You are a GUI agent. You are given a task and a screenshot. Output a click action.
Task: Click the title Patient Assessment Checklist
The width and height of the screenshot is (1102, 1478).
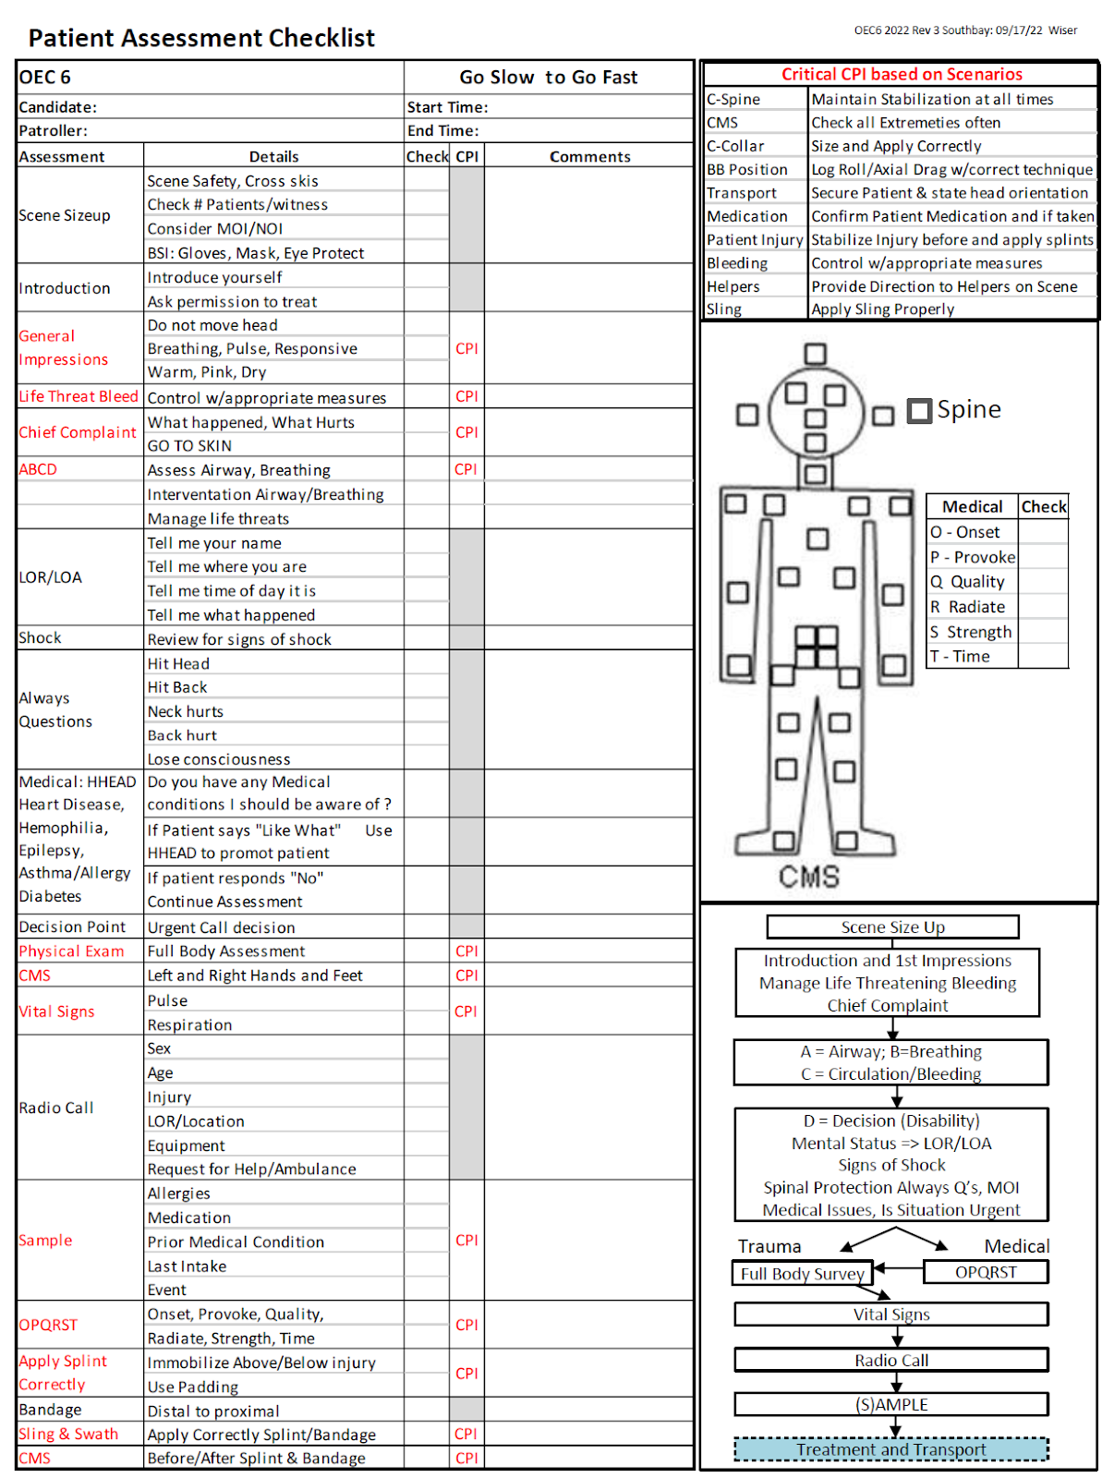pyautogui.click(x=201, y=38)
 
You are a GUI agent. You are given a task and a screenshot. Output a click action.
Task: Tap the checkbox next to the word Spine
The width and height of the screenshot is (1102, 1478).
pyautogui.click(x=919, y=410)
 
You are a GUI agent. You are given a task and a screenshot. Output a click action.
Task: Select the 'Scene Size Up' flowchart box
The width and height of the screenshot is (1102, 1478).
pyautogui.click(x=892, y=927)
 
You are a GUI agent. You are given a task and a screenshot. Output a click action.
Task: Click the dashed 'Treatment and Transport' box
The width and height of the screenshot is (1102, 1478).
pyautogui.click(x=891, y=1449)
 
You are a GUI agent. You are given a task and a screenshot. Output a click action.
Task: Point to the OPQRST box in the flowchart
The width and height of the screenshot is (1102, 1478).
pyautogui.click(x=986, y=1272)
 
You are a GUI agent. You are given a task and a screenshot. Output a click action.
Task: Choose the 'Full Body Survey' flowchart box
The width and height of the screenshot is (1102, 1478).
pyautogui.click(x=802, y=1274)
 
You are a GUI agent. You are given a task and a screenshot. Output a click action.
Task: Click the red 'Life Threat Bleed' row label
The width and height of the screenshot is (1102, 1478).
pyautogui.click(x=79, y=396)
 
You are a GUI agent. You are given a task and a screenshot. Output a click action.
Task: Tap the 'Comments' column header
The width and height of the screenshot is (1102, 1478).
pyautogui.click(x=589, y=157)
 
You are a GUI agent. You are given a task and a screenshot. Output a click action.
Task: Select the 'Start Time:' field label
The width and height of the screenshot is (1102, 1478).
pyautogui.click(x=447, y=107)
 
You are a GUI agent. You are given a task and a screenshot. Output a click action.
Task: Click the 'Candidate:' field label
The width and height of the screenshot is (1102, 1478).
pyautogui.click(x=57, y=107)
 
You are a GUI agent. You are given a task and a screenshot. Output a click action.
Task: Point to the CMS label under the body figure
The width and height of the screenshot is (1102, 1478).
pyautogui.click(x=809, y=877)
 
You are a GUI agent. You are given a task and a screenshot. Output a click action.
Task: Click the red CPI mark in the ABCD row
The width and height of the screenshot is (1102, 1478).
pyautogui.click(x=466, y=469)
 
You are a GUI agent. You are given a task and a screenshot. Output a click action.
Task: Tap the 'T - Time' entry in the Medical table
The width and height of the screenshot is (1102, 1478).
pyautogui.click(x=961, y=656)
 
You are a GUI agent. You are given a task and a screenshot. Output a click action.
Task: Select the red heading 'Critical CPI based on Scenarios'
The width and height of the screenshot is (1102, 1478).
pyautogui.click(x=902, y=75)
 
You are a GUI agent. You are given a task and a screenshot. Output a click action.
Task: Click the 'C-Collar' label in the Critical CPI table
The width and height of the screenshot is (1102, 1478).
pyautogui.click(x=735, y=146)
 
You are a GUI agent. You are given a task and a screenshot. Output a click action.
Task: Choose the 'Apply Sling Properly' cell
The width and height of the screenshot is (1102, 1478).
pyautogui.click(x=882, y=309)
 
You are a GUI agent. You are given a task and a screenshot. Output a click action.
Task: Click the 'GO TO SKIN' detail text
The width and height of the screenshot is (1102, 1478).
pyautogui.click(x=189, y=445)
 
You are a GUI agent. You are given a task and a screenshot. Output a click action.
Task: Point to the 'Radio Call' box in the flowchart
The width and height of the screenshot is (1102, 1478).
pyautogui.click(x=891, y=1360)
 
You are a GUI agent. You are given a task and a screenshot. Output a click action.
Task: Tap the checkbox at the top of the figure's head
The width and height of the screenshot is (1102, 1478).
pyautogui.click(x=815, y=354)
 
